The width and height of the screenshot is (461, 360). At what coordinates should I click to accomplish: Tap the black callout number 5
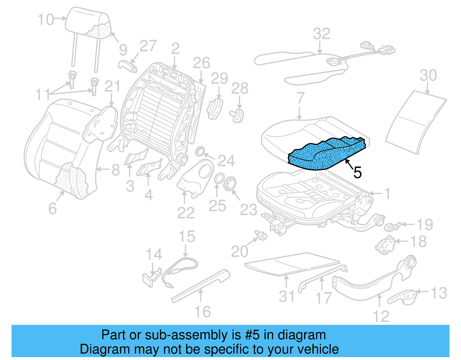357,173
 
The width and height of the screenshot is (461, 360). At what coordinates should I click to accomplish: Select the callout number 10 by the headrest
46,20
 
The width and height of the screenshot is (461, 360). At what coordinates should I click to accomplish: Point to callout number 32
321,34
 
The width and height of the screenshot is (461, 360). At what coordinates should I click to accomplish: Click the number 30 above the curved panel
428,76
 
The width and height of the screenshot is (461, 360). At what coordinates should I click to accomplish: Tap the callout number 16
203,312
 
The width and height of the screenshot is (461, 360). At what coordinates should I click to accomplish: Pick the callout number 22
186,213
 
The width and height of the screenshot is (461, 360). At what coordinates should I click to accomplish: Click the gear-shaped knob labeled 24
200,151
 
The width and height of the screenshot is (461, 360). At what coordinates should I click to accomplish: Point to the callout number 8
116,170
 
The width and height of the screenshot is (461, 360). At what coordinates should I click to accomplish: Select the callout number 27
148,46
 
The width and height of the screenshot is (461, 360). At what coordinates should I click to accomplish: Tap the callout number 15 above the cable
187,237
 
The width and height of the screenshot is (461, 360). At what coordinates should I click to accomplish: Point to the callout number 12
381,316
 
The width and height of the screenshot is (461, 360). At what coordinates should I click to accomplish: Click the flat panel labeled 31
291,264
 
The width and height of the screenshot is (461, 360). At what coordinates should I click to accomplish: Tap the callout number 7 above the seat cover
300,98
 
